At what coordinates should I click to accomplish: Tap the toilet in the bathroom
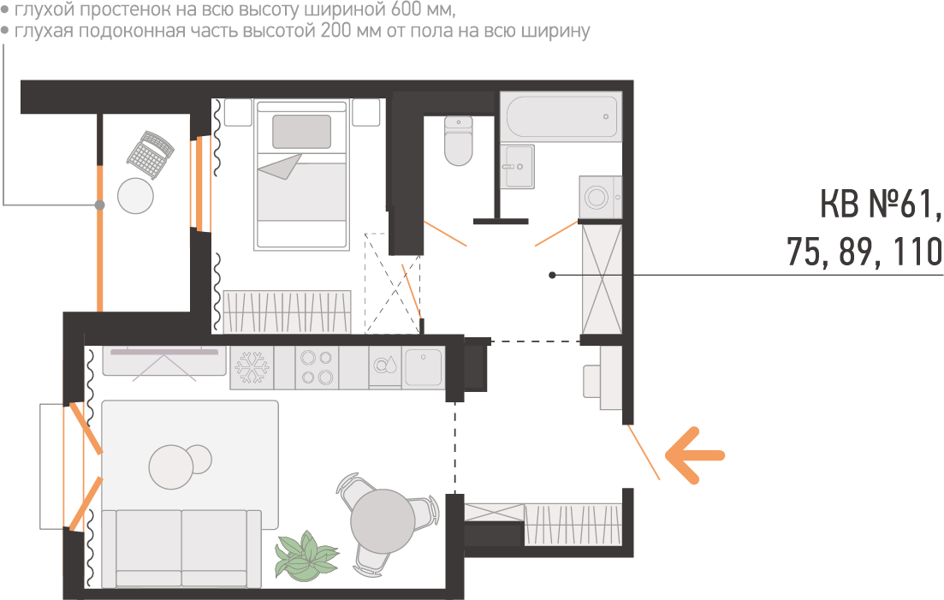(459, 142)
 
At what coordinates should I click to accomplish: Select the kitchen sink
(423, 367)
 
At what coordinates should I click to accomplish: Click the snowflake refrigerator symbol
(252, 368)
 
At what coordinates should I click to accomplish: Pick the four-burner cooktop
(316, 368)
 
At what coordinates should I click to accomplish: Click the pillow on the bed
(301, 132)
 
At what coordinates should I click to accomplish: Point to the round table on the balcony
(135, 196)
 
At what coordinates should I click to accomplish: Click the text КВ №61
(880, 206)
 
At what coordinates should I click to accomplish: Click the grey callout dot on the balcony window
(99, 205)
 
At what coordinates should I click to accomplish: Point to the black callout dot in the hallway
(553, 275)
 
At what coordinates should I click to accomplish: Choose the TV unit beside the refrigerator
(163, 360)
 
